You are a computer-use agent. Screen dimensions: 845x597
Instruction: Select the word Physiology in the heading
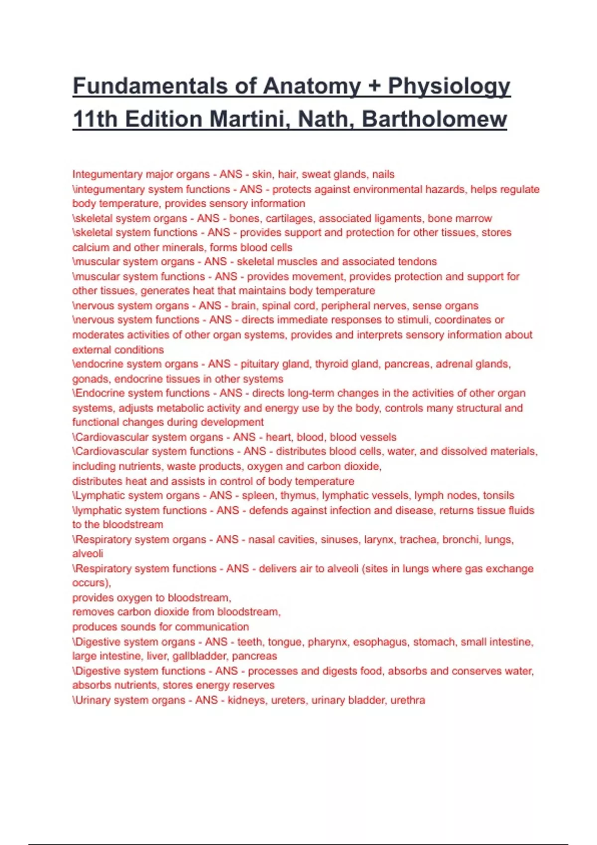[449, 86]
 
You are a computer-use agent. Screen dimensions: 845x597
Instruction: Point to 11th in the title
[95, 119]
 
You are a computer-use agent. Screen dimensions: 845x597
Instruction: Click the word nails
[383, 174]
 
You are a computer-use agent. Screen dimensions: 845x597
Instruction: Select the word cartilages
[289, 219]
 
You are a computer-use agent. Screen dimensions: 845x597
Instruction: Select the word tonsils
[498, 496]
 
